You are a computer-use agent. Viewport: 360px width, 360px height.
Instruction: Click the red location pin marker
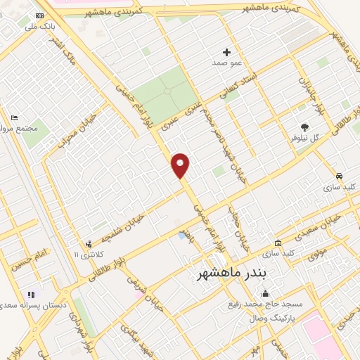click(181, 166)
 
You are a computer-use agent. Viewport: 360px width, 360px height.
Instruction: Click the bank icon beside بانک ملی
click(39, 15)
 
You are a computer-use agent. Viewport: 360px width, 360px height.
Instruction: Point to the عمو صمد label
click(226, 63)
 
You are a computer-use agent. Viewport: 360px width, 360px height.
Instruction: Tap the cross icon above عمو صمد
click(226, 51)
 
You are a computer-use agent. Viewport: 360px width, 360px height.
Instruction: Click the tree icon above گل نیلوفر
click(304, 127)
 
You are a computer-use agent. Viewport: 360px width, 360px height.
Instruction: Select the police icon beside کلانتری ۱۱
click(88, 243)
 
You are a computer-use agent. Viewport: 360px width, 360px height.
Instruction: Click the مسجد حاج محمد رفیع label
click(264, 304)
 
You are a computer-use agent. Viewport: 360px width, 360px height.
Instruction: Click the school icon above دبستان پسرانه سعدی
click(30, 295)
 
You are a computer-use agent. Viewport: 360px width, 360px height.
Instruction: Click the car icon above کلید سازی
click(340, 176)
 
